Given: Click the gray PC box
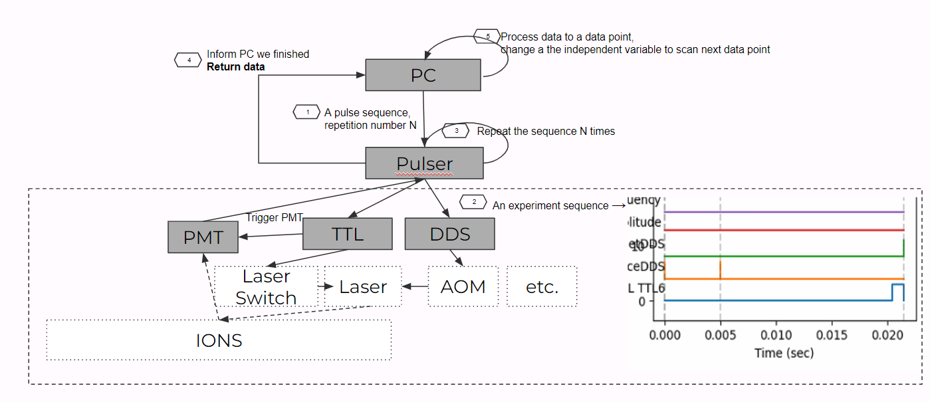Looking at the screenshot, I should (423, 75).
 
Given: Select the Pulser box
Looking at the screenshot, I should (424, 163).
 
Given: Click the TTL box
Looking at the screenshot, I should (347, 234).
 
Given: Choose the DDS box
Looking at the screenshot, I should (449, 234).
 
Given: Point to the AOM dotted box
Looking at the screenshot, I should (463, 286).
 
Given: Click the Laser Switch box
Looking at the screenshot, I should (266, 286).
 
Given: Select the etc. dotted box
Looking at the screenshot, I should (542, 286).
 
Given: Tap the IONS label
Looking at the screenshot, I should (219, 341).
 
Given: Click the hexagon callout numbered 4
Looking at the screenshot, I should (189, 60).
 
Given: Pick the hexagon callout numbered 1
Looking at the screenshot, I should (307, 112).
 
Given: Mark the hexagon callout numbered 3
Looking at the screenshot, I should (456, 131).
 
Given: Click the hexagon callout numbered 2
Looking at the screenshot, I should (474, 201).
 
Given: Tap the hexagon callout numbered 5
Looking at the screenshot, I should (487, 36).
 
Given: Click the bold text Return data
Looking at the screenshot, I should (235, 66).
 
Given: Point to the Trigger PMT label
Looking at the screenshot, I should (274, 217).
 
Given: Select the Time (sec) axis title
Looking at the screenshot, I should (784, 353).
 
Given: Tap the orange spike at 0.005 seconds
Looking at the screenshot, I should (721, 270).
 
